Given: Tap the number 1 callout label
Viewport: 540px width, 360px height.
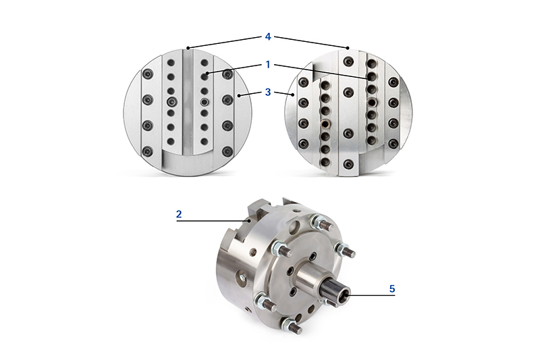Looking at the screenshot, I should point(268,65).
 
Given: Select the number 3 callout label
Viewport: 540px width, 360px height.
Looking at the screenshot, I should point(268,92).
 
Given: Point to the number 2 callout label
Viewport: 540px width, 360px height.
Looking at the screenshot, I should point(179,213).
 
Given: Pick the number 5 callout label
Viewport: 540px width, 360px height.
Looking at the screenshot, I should point(392,288).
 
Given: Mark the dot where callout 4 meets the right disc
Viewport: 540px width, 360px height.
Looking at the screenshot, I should point(348,47).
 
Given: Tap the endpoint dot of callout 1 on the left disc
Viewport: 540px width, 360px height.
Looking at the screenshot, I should point(206,73).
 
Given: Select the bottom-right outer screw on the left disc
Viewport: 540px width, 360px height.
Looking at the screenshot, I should point(227,151).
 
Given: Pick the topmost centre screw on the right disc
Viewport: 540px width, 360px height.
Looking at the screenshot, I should point(348,62).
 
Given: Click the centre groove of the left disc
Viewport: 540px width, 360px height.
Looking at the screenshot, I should point(187,108).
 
